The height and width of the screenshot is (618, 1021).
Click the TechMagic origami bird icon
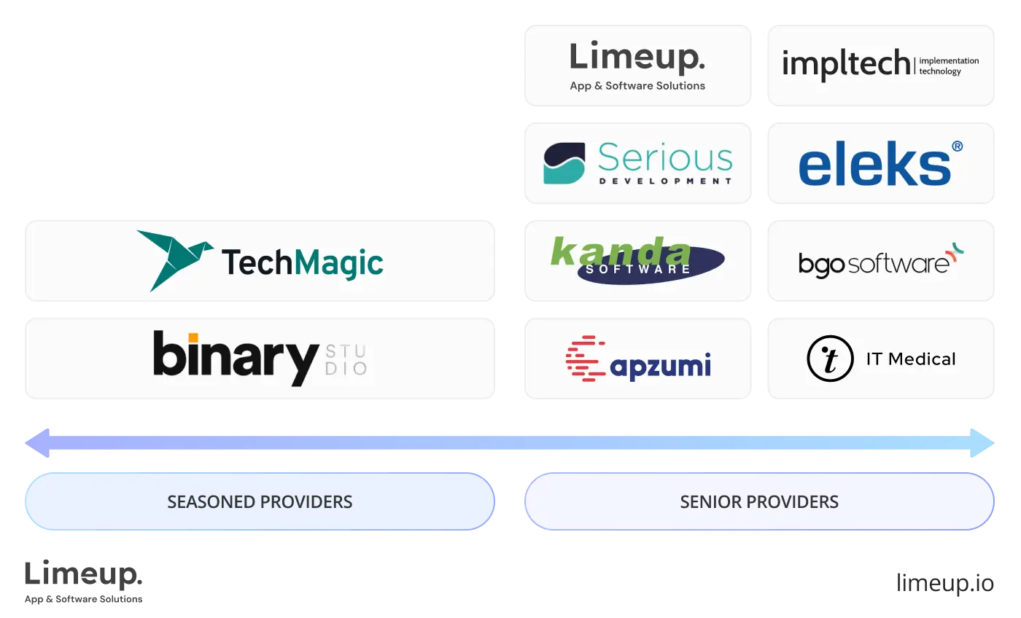(x=175, y=259)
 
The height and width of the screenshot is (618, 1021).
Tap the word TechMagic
(x=302, y=262)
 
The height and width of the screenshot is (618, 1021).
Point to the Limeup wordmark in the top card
(x=637, y=58)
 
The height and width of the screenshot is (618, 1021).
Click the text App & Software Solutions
(x=637, y=86)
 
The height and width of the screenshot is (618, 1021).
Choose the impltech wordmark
(x=845, y=65)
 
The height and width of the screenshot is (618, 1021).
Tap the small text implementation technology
(x=949, y=66)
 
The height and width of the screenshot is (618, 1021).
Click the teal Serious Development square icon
(x=564, y=163)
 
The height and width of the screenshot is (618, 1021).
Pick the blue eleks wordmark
(x=874, y=165)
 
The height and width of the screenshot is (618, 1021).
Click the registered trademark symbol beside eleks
(x=957, y=146)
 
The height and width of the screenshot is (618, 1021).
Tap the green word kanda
(x=620, y=251)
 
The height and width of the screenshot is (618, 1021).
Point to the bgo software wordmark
(x=874, y=264)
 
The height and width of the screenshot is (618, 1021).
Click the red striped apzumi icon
(x=585, y=359)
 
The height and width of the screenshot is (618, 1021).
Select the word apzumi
(x=660, y=364)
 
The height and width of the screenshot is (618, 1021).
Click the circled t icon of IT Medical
(x=830, y=359)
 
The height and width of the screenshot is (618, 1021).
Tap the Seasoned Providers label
(x=260, y=502)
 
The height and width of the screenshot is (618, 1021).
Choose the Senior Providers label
(x=759, y=502)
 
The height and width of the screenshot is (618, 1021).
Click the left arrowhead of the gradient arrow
(x=36, y=443)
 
